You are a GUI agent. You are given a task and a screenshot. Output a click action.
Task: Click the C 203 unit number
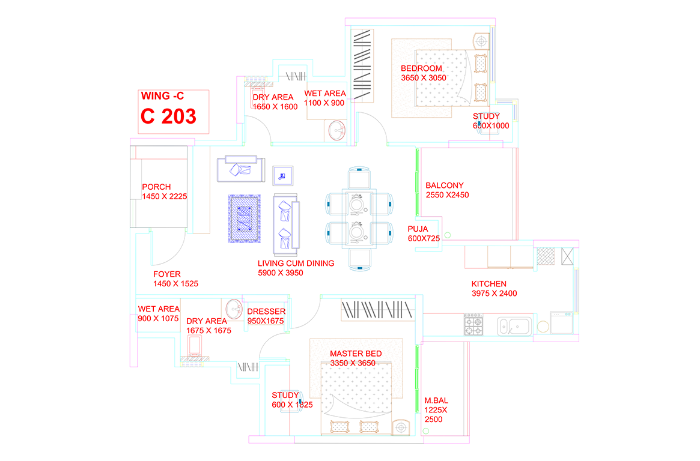[x=168, y=116]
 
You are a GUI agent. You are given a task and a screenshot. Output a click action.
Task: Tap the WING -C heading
[x=162, y=96]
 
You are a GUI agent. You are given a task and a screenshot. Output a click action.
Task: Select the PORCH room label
[x=156, y=187]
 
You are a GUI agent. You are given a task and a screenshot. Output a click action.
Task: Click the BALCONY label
[x=444, y=185]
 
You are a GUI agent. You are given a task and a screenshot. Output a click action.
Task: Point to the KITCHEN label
[x=489, y=284]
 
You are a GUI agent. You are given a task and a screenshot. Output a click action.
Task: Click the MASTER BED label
[x=356, y=354]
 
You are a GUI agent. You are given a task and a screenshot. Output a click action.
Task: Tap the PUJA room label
[x=418, y=229]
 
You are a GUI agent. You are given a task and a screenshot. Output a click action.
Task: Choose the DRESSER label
[x=267, y=312]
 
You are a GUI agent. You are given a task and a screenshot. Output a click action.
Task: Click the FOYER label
[x=167, y=274]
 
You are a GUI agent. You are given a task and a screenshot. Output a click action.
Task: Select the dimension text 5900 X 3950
[x=281, y=273]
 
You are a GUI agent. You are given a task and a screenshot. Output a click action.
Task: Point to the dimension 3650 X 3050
[x=423, y=77]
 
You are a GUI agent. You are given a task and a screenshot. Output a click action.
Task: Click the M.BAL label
[x=436, y=401]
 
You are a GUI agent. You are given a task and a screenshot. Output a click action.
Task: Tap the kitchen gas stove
[x=473, y=324]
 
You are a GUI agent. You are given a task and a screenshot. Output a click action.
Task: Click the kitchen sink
[x=514, y=327]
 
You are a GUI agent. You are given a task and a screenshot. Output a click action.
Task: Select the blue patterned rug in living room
[x=244, y=218]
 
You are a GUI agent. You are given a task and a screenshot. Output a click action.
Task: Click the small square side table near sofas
[x=283, y=176]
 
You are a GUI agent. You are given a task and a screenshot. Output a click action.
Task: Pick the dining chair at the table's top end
[x=359, y=178]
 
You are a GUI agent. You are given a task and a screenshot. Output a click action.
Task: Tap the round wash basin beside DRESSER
[x=234, y=309]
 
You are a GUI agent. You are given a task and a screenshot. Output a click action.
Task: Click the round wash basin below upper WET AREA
[x=337, y=131]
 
